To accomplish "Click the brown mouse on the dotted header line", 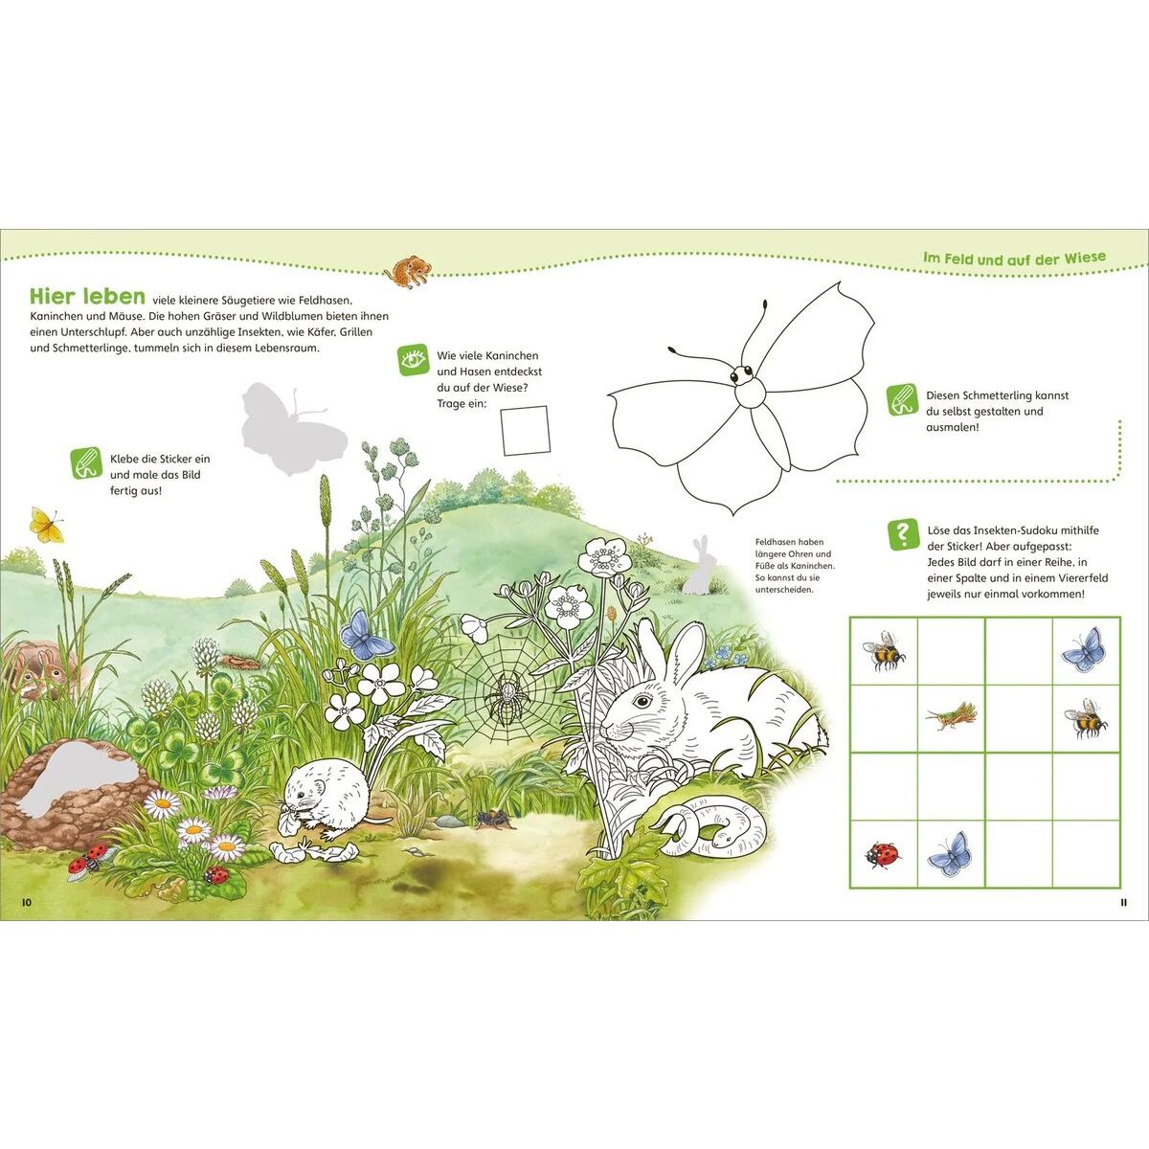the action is tap(409, 273).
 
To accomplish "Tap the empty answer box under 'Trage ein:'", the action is tap(525, 431).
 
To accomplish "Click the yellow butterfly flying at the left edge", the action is tap(47, 525).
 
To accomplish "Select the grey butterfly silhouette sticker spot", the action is tap(292, 427).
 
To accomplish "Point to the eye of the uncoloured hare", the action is tap(642, 700).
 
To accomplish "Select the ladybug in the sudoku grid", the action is tap(883, 855).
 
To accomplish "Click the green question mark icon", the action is tap(903, 533).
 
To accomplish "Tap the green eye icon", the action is tap(414, 360).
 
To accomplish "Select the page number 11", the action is tap(1123, 902).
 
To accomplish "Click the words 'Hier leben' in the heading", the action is tap(88, 296).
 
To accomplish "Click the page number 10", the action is tap(26, 902).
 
